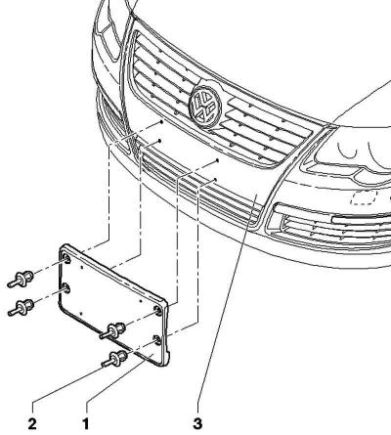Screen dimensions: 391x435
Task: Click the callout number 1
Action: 86,424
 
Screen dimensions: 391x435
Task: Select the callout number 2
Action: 32,424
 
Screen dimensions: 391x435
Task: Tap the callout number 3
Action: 197,424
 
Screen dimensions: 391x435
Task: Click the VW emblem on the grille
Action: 205,105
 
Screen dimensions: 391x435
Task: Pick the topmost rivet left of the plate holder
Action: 22,279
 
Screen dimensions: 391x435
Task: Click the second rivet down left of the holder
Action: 22,307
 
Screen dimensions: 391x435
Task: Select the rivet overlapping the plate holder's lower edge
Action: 113,329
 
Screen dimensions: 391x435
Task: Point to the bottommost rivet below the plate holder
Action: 115,358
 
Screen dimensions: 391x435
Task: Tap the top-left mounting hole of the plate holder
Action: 66,259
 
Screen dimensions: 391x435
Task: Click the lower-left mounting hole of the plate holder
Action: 66,288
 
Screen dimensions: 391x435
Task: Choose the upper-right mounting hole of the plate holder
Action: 157,311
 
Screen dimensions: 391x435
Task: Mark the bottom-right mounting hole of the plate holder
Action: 157,340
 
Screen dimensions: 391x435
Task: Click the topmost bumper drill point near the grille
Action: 161,122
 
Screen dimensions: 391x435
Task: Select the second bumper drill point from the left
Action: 159,141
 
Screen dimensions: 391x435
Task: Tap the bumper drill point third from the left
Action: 217,160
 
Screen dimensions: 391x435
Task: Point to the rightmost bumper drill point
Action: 215,179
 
